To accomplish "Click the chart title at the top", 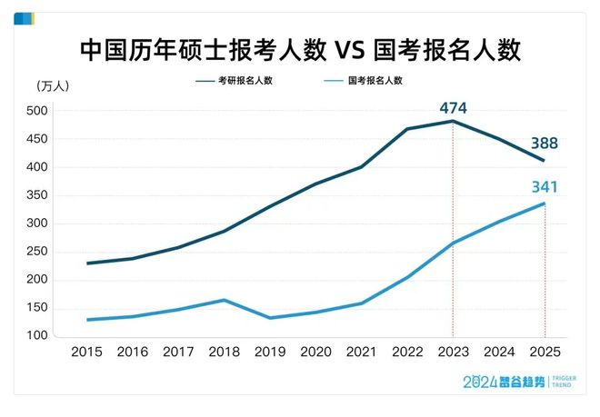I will tap(300, 48).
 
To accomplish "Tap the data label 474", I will tap(452, 108).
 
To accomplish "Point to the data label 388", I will tap(545, 144).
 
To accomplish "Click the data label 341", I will tap(544, 188).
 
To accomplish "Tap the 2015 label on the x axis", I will tap(86, 352).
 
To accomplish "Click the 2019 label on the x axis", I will tap(270, 352).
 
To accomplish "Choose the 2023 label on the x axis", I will tap(453, 352).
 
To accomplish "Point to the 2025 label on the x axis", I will tap(545, 352).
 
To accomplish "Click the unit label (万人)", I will tap(53, 87).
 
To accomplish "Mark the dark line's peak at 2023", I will tap(453, 121).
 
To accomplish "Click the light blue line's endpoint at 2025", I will tap(545, 203).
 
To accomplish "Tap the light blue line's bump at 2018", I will tap(224, 300).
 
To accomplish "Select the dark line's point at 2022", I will tap(407, 129).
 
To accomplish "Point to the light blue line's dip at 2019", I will tap(270, 318).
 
